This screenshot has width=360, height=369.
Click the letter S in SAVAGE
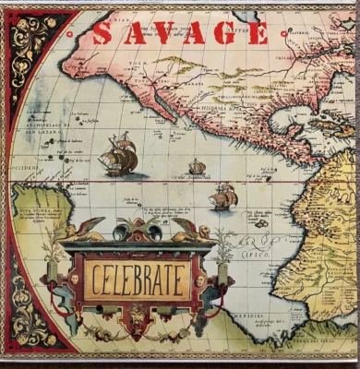click(103, 34)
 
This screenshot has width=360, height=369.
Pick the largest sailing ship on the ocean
click(118, 154)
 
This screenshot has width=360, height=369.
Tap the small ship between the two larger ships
click(197, 167)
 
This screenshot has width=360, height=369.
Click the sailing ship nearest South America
click(224, 196)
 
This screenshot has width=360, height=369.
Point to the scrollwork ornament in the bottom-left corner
click(28, 314)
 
